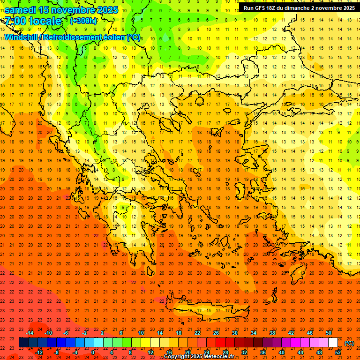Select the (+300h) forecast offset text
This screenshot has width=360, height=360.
(x=83, y=21)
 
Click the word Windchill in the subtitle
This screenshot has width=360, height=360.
(x=21, y=37)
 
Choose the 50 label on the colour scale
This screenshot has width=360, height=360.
(x=329, y=333)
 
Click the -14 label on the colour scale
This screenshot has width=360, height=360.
(x=30, y=333)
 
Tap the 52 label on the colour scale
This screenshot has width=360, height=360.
(x=338, y=352)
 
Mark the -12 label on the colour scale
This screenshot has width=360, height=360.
(x=39, y=352)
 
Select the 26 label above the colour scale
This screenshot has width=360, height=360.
(x=216, y=333)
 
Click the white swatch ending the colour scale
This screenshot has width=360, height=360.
(x=333, y=343)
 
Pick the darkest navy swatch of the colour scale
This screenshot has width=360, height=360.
(x=23, y=343)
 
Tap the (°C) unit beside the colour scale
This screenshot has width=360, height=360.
(x=349, y=343)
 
